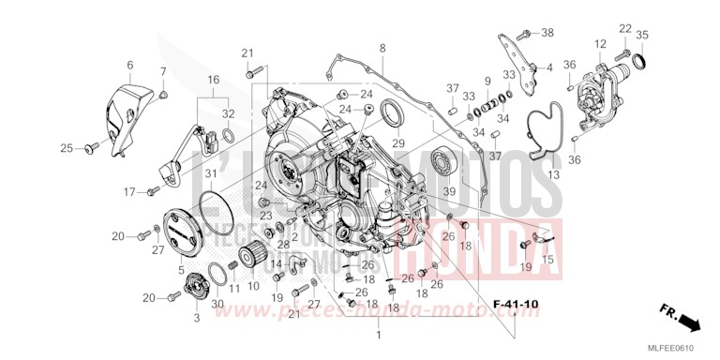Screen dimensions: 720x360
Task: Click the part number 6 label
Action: (x=130, y=65)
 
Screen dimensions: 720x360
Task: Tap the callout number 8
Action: (x=382, y=48)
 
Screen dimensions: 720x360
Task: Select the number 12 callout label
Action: (x=598, y=43)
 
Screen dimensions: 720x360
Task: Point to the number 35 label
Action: (x=642, y=35)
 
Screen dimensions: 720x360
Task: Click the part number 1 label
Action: (x=379, y=334)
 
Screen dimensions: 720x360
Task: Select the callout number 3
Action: (x=197, y=319)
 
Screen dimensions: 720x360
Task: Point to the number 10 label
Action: (x=253, y=287)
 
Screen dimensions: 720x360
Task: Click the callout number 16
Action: (x=215, y=81)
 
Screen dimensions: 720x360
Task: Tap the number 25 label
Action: (x=67, y=148)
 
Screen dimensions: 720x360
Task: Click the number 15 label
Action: (x=548, y=260)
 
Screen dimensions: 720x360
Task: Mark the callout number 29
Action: (x=397, y=143)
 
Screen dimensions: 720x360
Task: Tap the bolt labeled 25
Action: (x=90, y=148)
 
